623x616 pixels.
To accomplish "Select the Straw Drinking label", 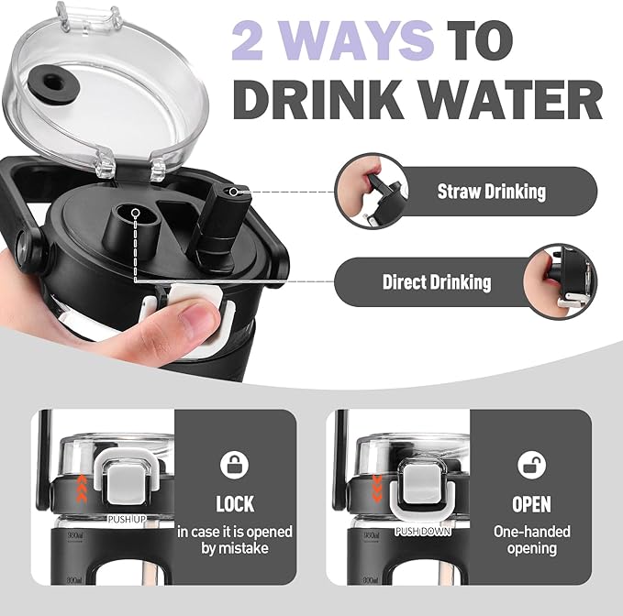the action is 492,192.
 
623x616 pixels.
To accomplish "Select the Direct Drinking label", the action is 437,282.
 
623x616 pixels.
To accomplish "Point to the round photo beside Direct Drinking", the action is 560,281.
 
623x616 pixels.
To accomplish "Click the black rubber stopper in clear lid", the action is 52,83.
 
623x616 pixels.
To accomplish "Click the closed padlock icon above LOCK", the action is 234,465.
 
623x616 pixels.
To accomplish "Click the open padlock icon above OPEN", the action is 531,465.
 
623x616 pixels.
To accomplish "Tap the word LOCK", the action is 235,504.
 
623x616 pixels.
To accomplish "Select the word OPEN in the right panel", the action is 531,504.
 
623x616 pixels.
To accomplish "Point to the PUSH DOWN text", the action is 423,532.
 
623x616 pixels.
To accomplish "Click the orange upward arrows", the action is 82,489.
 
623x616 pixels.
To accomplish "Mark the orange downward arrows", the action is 377,489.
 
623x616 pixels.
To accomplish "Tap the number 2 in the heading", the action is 248,41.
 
